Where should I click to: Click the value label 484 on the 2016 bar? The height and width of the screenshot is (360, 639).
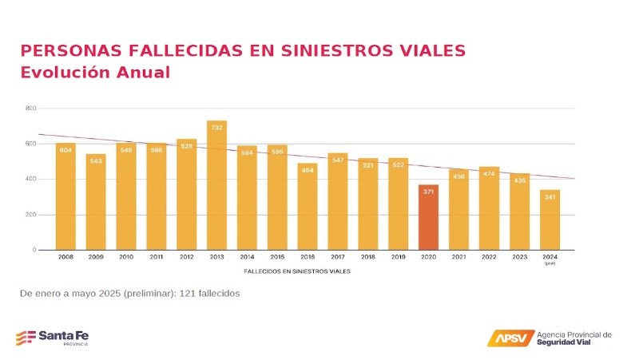tap(308, 170)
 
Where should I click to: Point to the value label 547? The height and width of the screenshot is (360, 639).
tap(338, 160)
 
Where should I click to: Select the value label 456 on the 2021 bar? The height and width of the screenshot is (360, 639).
tap(458, 176)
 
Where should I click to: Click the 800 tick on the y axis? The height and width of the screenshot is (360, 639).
tap(31, 108)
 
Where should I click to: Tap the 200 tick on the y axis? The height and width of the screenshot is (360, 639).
tap(31, 215)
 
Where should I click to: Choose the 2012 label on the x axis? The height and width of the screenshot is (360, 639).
tap(186, 257)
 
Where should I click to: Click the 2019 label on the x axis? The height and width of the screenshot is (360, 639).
tap(398, 257)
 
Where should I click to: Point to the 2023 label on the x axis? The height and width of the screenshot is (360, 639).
tap(519, 257)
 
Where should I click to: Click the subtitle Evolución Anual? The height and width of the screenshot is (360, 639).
tap(95, 73)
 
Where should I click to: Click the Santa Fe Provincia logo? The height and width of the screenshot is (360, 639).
tap(53, 337)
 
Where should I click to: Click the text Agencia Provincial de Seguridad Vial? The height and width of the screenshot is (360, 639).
tap(574, 338)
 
